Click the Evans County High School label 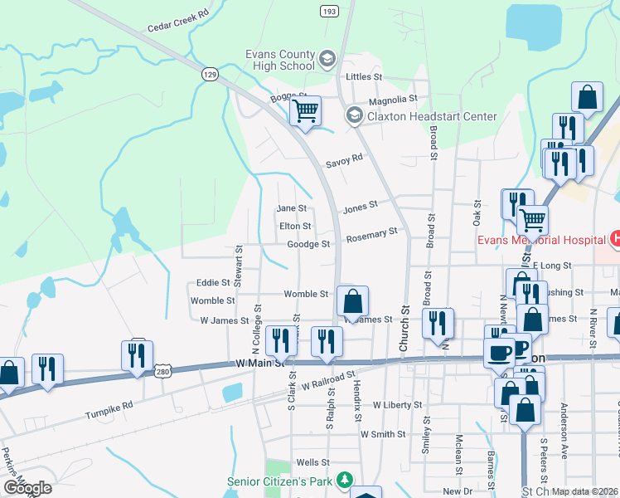pos(280,60)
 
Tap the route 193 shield pos(329,11)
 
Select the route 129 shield pos(209,75)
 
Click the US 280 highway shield pos(163,370)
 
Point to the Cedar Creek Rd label pos(176,26)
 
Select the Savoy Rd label pos(345,159)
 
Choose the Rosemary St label pos(371,237)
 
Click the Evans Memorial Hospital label pos(540,241)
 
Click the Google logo pos(27,488)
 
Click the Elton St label pos(295,226)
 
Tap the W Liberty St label pos(397,405)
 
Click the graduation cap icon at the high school pos(327,59)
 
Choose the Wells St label pos(313,462)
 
